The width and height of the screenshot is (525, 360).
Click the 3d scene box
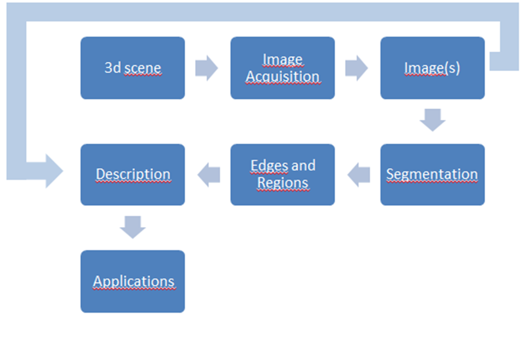pos(132,67)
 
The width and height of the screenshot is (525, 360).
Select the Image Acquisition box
pos(283,67)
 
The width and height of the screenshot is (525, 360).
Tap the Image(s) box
pos(433,67)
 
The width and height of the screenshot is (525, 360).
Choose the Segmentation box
pos(433,174)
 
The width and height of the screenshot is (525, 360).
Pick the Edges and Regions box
pos(283,174)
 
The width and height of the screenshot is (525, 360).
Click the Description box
pos(132,174)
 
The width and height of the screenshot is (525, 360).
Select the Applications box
pos(132,281)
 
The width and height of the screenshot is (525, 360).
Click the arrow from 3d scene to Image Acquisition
pos(207,68)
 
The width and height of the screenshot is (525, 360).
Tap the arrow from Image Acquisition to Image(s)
pos(357,68)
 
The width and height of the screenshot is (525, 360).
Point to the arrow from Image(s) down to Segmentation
pos(433,120)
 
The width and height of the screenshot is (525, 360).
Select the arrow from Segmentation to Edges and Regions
pos(359,175)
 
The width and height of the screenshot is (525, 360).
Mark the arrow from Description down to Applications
pos(132,227)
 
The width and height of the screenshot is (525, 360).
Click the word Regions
pos(283,183)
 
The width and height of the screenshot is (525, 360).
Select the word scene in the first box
pos(143,68)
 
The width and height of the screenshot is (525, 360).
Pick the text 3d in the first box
pos(112,68)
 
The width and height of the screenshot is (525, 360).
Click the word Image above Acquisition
pos(283,59)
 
